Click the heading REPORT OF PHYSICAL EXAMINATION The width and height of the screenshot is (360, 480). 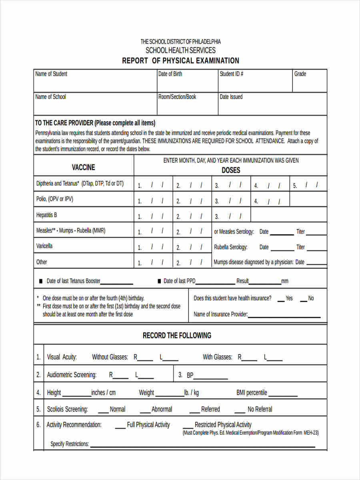coord(180,61)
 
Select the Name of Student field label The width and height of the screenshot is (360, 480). coord(51,74)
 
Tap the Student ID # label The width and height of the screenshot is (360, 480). coord(231,74)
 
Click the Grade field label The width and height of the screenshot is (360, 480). coord(300,74)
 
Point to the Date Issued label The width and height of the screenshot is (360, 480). coord(231,97)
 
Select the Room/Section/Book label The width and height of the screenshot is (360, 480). coord(177,97)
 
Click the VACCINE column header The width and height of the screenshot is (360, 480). coord(83,167)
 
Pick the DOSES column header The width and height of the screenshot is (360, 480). coord(231,170)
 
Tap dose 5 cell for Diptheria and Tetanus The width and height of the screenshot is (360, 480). coord(308,185)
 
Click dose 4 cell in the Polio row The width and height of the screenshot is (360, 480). coord(270,201)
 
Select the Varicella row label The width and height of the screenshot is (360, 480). coord(44,246)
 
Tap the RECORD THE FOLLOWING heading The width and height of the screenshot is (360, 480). coord(177,336)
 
